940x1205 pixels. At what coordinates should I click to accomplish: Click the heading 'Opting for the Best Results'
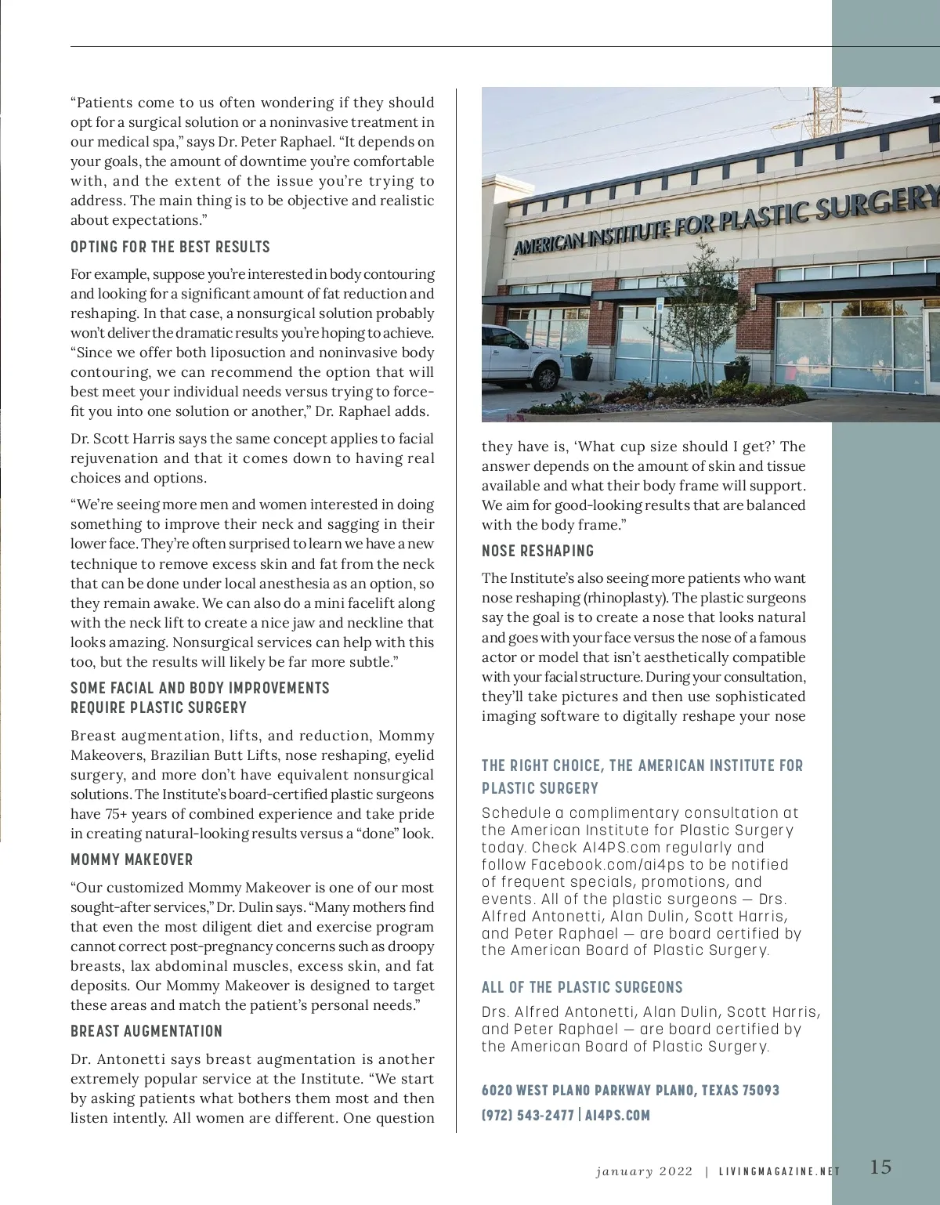point(170,247)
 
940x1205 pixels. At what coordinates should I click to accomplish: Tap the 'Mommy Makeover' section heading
point(132,859)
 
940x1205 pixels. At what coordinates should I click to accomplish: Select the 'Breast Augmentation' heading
point(146,1031)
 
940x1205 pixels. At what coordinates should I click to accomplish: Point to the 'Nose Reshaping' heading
point(537,551)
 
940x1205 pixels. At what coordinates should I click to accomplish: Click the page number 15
point(880,1167)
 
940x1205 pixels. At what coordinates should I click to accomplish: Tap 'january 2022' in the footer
point(644,1171)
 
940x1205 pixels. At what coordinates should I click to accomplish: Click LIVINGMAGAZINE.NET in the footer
point(779,1172)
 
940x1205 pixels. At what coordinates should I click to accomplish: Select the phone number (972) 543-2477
point(528,1115)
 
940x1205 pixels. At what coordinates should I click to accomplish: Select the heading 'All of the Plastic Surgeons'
point(582,987)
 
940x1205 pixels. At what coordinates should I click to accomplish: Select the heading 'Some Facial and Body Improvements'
point(200,688)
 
